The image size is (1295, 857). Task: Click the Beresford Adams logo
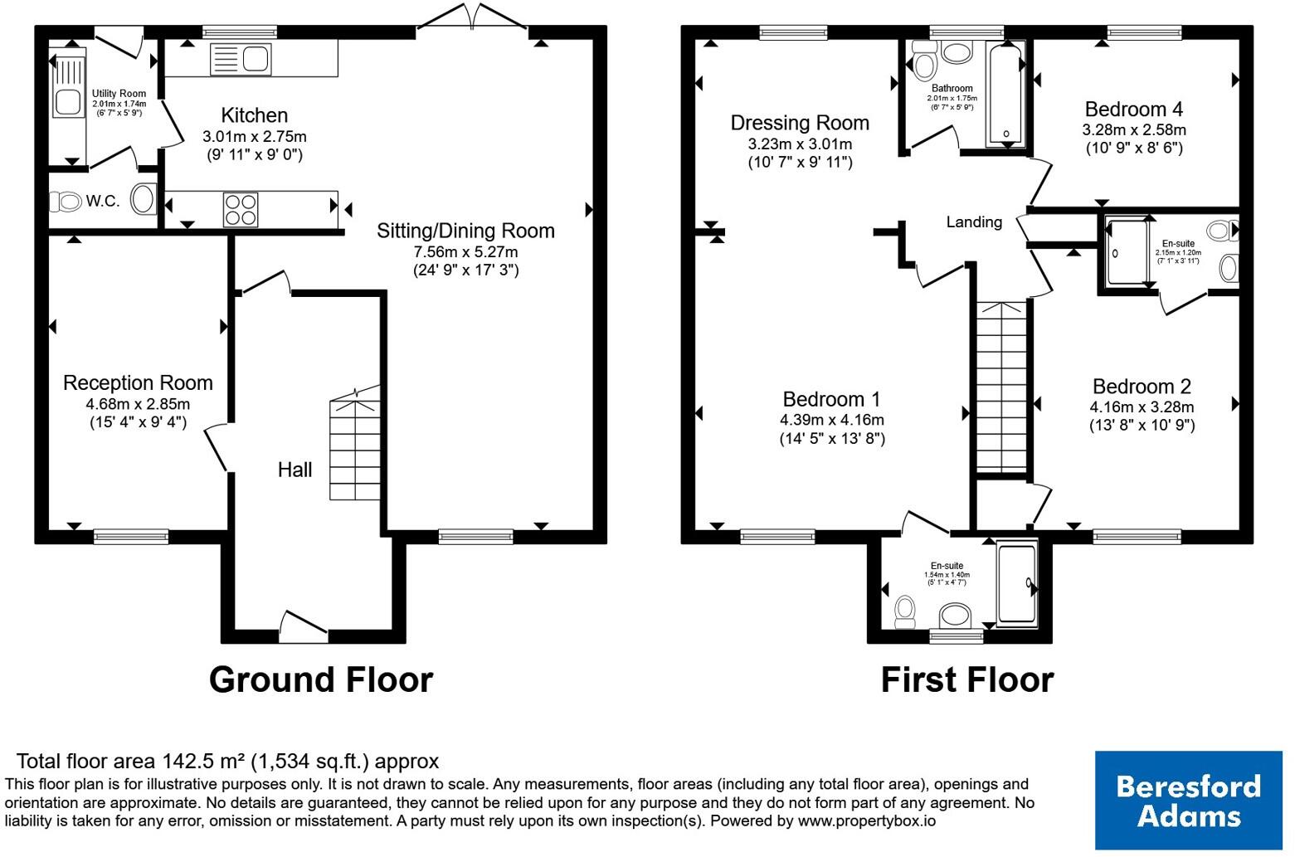(1188, 800)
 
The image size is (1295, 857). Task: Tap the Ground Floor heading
(321, 679)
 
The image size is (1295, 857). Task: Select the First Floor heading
(967, 679)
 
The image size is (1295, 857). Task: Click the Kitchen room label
(255, 115)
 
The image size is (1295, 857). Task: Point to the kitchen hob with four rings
(241, 210)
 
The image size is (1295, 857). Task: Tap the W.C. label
(103, 202)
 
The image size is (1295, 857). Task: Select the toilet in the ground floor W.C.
(65, 202)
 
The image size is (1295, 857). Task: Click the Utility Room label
(119, 93)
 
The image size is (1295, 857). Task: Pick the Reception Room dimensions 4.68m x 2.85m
(138, 404)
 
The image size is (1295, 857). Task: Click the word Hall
(295, 470)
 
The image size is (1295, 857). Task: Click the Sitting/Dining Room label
(466, 231)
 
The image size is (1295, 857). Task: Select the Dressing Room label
(800, 123)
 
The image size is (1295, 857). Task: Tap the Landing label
(974, 222)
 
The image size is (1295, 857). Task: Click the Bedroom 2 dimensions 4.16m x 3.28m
(1142, 407)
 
